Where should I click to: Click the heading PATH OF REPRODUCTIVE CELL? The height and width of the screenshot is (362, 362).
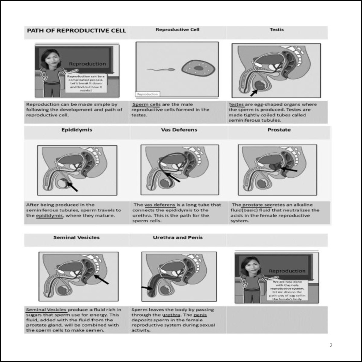76,30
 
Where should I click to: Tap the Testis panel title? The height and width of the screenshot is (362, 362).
277,30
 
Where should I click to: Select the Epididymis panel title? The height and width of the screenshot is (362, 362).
77,130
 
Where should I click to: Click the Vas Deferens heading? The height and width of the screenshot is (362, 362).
179,130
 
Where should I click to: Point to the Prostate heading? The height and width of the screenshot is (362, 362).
279,130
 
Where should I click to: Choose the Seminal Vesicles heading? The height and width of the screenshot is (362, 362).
76,237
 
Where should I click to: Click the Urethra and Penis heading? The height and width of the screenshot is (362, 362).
178,237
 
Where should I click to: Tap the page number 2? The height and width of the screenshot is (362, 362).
331,345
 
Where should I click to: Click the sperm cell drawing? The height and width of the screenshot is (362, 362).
161,70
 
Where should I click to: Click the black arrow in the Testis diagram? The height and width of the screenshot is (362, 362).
254,93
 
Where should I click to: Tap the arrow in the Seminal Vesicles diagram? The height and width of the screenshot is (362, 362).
101,279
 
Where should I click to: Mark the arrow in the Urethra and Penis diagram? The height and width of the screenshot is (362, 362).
148,288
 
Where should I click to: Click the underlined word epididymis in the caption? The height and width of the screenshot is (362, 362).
49,216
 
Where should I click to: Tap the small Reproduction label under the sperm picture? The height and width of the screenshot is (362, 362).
148,94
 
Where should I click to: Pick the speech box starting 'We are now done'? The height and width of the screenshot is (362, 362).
287,290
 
